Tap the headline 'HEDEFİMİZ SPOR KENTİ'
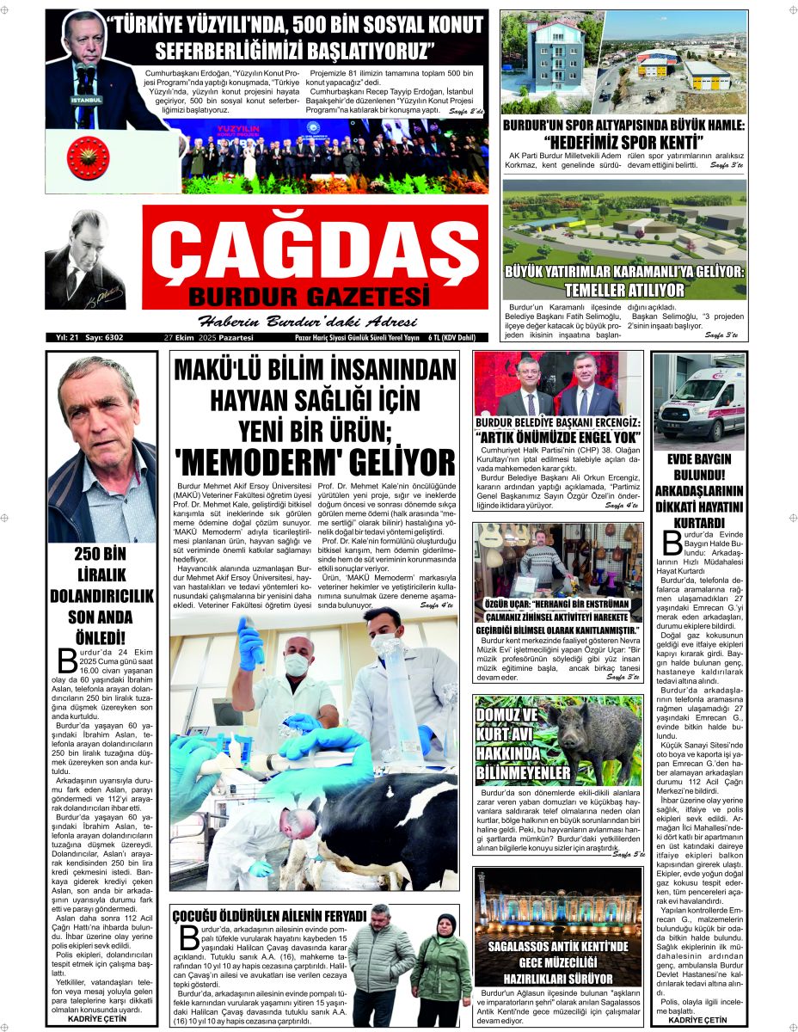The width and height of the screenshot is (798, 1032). [623, 140]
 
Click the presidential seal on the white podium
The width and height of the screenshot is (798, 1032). [89, 161]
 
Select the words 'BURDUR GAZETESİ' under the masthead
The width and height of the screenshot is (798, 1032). [308, 298]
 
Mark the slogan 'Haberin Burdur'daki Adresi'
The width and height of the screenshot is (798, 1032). [308, 322]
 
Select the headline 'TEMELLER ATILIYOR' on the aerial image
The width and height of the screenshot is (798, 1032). [624, 290]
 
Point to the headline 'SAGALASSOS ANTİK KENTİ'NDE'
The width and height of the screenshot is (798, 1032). [557, 946]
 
